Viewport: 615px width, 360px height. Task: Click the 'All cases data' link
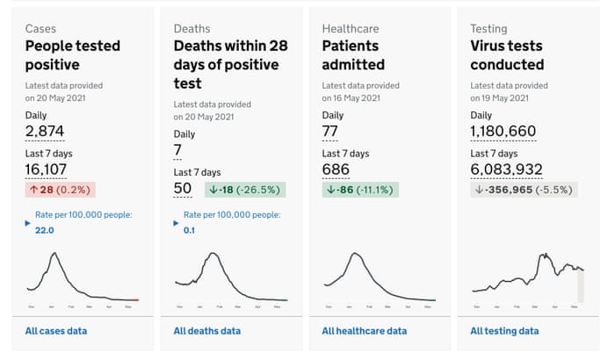tap(56, 331)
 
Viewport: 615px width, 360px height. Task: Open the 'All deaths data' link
tap(206, 331)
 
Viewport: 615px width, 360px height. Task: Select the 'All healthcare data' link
tap(364, 331)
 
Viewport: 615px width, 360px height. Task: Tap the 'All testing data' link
tap(504, 331)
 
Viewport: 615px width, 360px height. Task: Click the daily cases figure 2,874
tap(45, 132)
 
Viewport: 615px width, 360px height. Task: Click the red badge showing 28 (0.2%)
tap(59, 190)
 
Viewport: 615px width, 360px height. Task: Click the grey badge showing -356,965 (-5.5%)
tap(524, 190)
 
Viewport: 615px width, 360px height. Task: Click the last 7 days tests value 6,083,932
tap(506, 169)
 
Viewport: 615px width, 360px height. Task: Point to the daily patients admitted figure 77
tap(330, 132)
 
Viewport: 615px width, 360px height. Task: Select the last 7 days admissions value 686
tap(336, 169)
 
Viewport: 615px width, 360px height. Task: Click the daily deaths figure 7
tap(177, 151)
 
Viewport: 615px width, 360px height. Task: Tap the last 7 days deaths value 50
tap(183, 189)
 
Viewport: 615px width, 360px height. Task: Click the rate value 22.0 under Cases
tap(43, 230)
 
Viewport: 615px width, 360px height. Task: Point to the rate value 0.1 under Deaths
tap(189, 230)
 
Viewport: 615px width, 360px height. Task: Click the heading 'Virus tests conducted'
tap(507, 54)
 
